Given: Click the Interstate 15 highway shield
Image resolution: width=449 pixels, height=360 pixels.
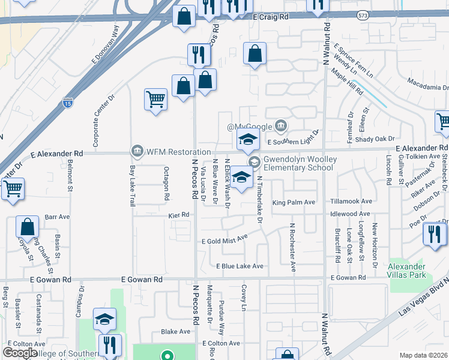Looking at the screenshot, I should click(x=68, y=103).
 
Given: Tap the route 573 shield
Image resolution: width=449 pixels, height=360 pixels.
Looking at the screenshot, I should click(x=362, y=15).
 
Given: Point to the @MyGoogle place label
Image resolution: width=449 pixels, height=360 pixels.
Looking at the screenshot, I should click(x=250, y=127).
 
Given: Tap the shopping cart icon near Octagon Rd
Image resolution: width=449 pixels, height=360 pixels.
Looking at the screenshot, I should click(x=155, y=100).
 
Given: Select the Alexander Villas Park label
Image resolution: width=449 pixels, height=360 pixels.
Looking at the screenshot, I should click(x=407, y=271).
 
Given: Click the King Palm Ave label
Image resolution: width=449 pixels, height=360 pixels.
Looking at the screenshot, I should click(x=294, y=202).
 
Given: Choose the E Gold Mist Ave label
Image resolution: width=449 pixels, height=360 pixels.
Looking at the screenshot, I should click(x=224, y=240).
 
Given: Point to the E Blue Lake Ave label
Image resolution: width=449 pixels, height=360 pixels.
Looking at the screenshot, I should click(x=240, y=266).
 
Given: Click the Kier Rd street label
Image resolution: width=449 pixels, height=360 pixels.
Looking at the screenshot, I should click(x=178, y=214).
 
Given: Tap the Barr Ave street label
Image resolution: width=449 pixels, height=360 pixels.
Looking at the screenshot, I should click(x=54, y=217).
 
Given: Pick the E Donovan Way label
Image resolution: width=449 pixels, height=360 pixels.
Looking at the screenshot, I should click(x=106, y=45).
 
